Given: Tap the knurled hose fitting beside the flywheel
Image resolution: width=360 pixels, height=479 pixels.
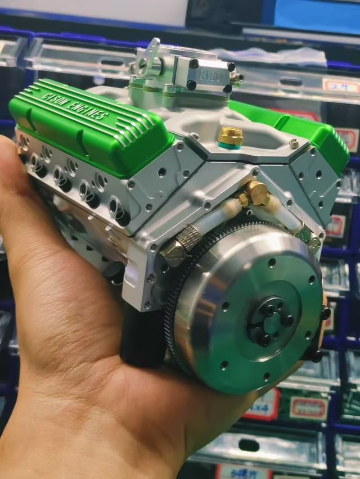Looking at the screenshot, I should tap(179, 247).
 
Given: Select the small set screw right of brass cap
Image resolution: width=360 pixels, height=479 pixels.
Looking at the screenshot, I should tap(294, 144).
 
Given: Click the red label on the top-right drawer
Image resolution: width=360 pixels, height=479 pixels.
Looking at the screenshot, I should tap(341, 85).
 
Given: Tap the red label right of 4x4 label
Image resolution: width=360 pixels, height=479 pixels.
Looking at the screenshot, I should tap(308, 408).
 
